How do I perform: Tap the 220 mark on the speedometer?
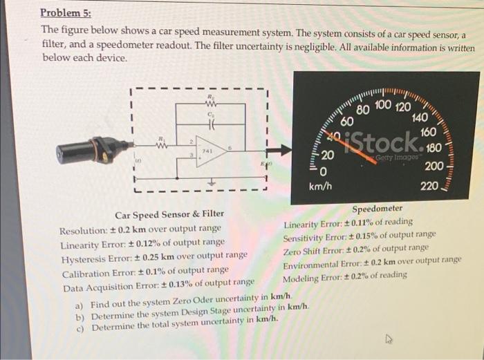[429, 187]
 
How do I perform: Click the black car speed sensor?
[91, 146]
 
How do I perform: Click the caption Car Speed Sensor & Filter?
[169, 215]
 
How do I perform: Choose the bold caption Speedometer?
[377, 209]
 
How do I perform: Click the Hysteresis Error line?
[153, 255]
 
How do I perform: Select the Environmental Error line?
[372, 260]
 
